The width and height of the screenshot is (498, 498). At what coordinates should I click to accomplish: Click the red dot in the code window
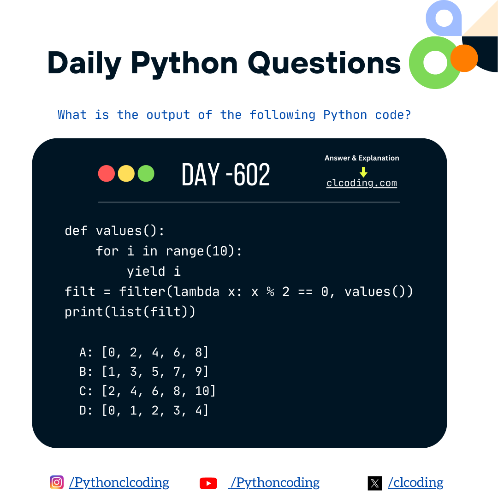tap(107, 173)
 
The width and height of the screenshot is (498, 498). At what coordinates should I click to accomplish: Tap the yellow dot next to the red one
tap(126, 173)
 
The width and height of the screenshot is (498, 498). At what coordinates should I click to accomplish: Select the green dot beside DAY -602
tap(146, 173)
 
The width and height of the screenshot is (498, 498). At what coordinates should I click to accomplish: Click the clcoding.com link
tap(362, 183)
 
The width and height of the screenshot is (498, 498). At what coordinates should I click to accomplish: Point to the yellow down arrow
tap(363, 172)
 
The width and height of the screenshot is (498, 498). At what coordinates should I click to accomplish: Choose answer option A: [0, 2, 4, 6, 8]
tap(144, 352)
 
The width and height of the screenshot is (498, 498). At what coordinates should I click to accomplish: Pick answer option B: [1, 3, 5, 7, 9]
tap(144, 372)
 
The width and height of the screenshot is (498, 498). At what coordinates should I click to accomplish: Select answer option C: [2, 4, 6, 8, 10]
tap(148, 391)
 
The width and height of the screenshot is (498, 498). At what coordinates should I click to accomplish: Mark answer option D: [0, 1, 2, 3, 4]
tap(144, 410)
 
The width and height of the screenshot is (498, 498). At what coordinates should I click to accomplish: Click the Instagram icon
tap(57, 482)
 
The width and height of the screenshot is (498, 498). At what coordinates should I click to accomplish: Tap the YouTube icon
tap(208, 483)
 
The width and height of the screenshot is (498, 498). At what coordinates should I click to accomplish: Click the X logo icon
tap(375, 483)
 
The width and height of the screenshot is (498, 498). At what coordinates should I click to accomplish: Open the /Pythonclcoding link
tap(119, 483)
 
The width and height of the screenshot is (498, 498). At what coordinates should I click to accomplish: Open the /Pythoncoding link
tap(275, 483)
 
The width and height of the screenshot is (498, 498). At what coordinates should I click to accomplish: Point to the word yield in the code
tap(146, 271)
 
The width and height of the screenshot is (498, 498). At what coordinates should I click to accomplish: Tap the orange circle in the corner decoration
tap(464, 58)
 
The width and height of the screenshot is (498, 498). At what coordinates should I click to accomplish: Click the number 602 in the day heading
tap(252, 175)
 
